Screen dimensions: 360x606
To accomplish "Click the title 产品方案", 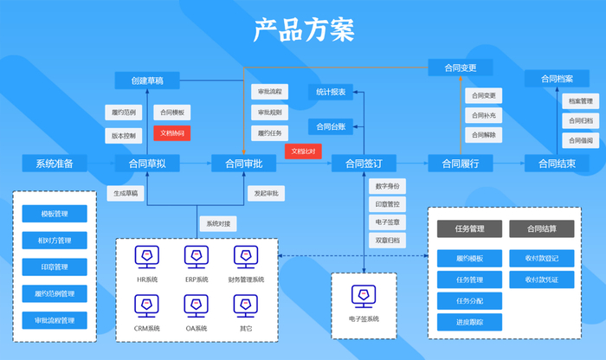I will click(303, 29).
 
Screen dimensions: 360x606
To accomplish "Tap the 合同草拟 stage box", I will click(147, 163).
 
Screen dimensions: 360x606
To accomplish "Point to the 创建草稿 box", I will click(147, 80).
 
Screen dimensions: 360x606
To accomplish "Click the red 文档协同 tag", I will click(172, 133).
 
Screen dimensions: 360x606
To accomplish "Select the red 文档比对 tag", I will click(303, 151).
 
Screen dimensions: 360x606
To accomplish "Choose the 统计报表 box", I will click(331, 91).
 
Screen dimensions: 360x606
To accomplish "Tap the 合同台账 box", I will click(331, 126).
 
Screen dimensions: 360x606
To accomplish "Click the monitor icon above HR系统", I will click(147, 256).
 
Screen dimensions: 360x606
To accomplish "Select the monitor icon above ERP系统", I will click(197, 256).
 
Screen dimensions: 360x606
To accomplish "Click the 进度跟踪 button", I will click(468, 322).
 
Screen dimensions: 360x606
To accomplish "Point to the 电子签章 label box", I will click(386, 222).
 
